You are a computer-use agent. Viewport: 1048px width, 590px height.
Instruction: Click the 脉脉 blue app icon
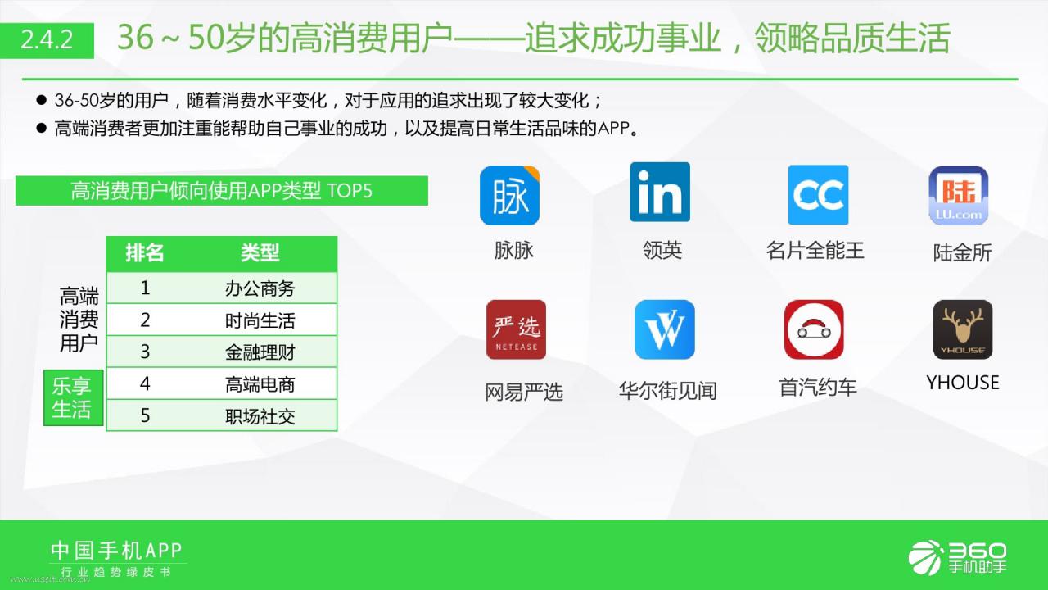509,195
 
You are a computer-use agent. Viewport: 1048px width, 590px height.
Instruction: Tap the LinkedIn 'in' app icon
660,192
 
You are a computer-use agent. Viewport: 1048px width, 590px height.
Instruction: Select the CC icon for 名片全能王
818,195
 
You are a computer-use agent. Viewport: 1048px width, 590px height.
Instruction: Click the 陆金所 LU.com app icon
959,195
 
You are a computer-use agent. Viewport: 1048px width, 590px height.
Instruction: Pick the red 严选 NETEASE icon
516,329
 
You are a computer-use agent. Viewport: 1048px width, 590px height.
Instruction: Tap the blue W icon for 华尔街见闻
665,329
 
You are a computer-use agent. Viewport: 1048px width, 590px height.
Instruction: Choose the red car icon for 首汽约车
814,329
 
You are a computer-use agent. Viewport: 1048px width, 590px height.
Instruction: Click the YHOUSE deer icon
963,329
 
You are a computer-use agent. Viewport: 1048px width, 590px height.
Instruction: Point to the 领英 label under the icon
662,250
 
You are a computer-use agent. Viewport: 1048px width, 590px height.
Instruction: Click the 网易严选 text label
523,392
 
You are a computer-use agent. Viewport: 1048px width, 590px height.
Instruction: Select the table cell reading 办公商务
260,288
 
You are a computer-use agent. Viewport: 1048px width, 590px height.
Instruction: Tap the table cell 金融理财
260,352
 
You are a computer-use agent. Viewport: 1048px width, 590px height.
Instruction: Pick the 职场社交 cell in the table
260,416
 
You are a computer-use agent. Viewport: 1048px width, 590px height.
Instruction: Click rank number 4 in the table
145,384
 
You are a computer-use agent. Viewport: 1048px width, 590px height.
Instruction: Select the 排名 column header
145,253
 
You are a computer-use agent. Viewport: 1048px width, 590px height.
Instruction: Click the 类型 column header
260,253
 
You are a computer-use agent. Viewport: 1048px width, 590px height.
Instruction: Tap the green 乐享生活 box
74,397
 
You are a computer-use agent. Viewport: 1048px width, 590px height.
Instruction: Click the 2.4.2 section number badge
47,40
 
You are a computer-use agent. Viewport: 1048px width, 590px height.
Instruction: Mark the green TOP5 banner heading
222,191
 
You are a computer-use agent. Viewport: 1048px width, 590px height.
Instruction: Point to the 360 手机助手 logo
957,557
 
